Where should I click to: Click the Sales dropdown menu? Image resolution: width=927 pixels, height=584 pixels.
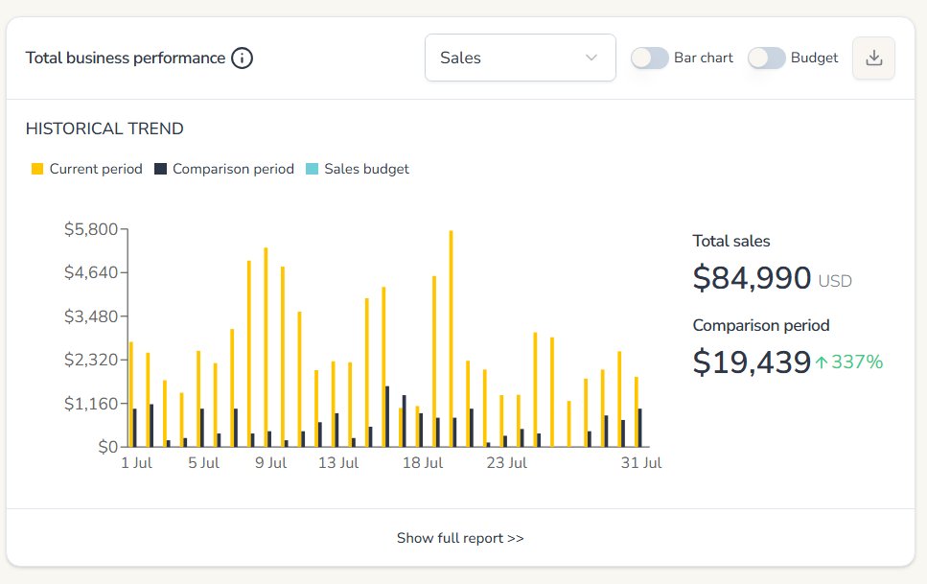520,58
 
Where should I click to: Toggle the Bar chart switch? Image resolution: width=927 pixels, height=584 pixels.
649,58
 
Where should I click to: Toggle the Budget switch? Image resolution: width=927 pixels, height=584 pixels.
766,58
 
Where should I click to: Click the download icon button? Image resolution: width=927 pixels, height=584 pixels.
873,58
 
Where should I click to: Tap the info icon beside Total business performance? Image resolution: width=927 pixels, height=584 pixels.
243,58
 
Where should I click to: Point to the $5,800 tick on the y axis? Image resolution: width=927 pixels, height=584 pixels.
90,229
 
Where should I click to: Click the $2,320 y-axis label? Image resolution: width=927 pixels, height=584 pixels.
90,360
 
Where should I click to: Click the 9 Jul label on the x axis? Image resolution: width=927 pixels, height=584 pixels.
270,463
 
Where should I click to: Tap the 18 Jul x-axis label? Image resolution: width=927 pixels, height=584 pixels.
422,463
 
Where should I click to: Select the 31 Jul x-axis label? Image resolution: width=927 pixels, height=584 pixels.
641,463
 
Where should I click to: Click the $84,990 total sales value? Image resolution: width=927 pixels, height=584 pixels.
752,278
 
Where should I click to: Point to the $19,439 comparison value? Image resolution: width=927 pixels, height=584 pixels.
752,362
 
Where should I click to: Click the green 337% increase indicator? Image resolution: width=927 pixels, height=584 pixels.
848,362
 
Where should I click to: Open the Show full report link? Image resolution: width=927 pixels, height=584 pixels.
460,538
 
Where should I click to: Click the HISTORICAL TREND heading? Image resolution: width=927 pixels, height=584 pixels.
104,128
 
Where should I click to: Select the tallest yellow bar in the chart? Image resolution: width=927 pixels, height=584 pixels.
451,338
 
